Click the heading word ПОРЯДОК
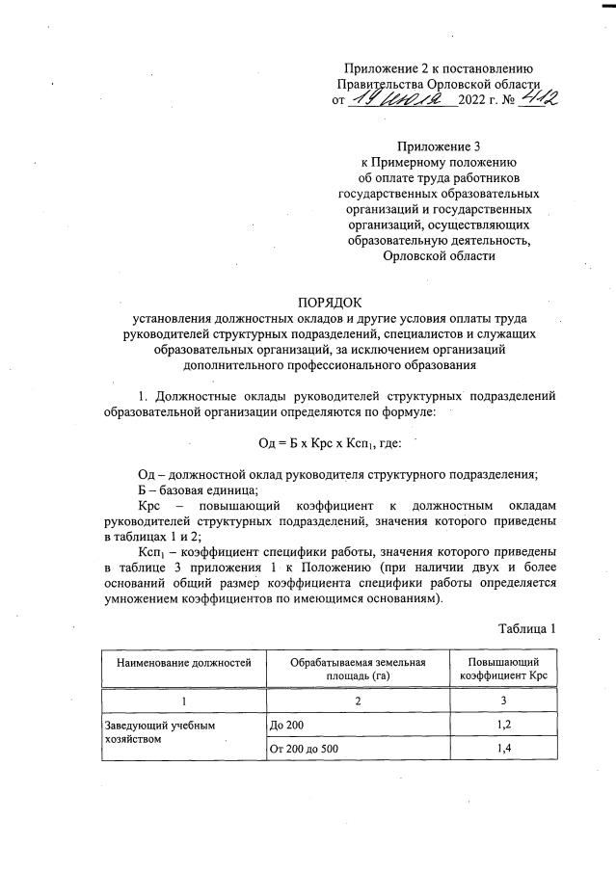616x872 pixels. click(332, 303)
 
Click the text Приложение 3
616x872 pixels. click(439, 147)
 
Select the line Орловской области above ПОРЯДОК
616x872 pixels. click(439, 256)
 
